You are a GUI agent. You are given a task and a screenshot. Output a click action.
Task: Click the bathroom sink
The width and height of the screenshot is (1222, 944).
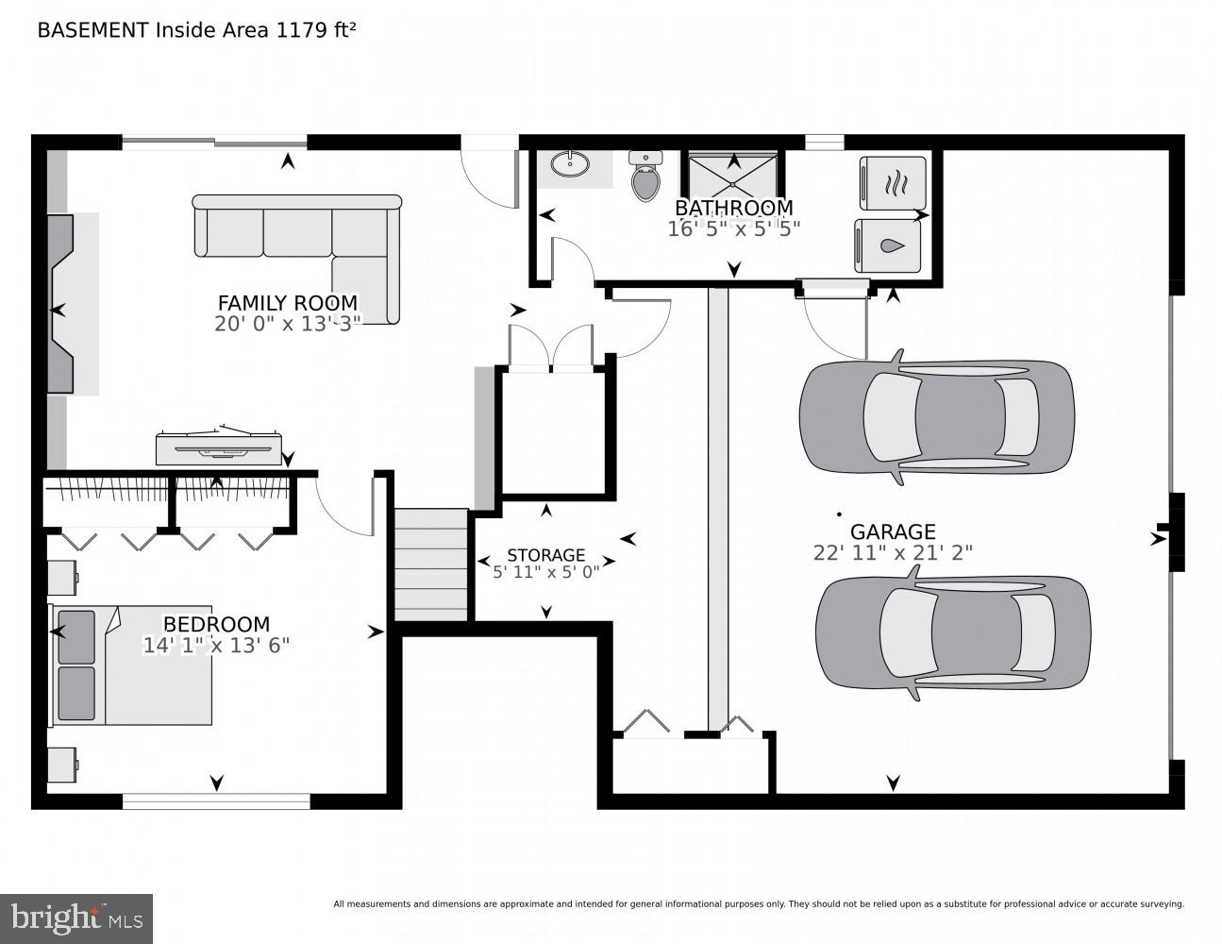(x=570, y=165)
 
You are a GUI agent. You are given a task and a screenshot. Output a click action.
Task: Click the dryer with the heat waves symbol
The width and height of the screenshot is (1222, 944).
(x=892, y=183)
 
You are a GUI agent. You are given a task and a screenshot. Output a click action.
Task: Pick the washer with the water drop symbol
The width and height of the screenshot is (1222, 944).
(x=888, y=245)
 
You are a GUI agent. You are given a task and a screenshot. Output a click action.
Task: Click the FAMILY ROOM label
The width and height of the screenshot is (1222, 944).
(x=288, y=303)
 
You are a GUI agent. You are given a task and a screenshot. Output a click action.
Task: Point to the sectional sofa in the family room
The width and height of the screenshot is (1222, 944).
(x=297, y=236)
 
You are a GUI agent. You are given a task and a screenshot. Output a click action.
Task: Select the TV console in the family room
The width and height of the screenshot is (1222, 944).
(x=219, y=448)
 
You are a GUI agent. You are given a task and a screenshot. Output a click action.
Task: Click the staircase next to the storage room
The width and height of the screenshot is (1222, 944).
(x=431, y=564)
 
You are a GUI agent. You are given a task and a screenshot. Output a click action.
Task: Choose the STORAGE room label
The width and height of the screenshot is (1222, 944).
(x=545, y=555)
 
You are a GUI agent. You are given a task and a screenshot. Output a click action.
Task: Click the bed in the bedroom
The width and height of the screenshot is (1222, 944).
(x=132, y=666)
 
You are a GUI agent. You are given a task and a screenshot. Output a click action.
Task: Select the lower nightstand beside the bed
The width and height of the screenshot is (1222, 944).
(x=62, y=764)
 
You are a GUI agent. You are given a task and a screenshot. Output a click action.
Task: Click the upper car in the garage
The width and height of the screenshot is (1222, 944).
(x=936, y=414)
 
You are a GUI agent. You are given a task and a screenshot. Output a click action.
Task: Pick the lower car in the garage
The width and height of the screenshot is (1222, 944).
(x=953, y=632)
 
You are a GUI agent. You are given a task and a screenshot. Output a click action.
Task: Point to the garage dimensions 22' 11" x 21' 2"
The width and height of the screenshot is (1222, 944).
(x=893, y=553)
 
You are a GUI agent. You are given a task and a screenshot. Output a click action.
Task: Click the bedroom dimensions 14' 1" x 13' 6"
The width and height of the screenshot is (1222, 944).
(x=216, y=646)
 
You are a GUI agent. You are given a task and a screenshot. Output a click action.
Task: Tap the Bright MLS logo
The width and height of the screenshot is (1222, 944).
(x=76, y=918)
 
